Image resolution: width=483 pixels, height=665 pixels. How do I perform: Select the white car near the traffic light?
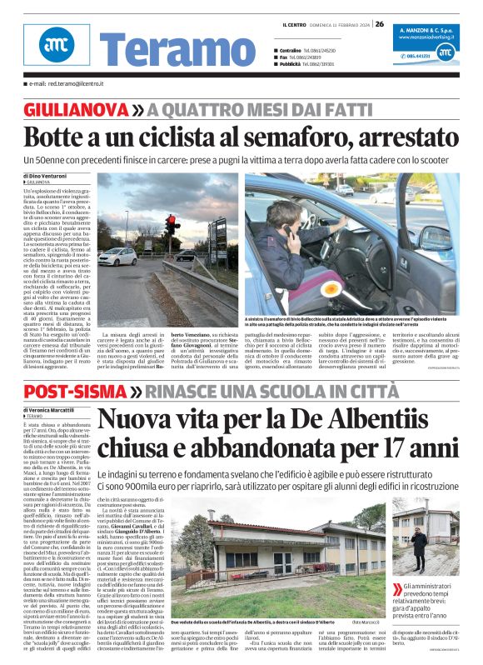point(117,256)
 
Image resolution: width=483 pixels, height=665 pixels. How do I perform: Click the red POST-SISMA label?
point(75,392)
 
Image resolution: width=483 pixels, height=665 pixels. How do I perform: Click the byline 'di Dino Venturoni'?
point(49,175)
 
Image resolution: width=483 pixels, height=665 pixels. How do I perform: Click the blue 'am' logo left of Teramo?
point(56,45)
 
